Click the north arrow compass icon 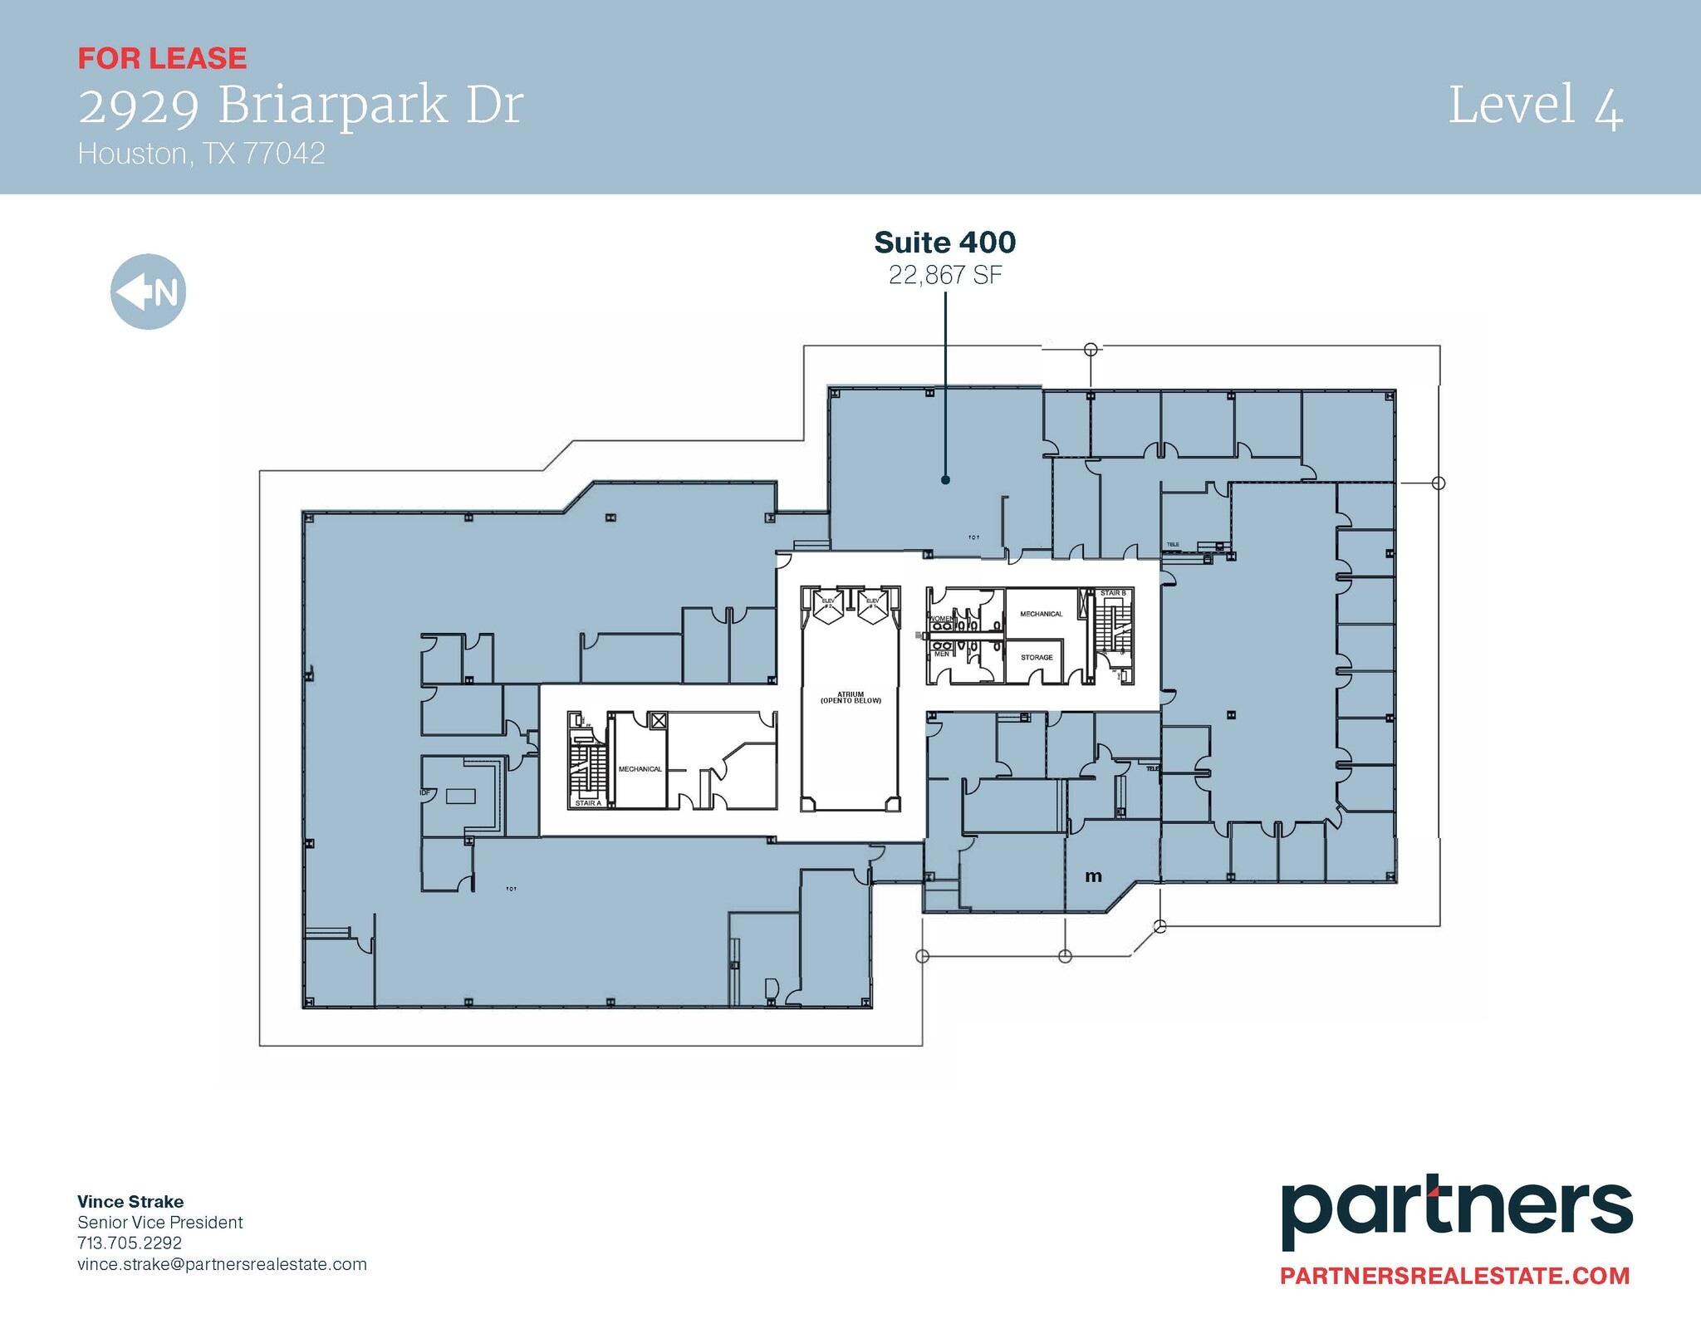[148, 292]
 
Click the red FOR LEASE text [162, 58]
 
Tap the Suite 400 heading [944, 243]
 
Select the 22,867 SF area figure [945, 275]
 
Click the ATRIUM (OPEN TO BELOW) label [850, 698]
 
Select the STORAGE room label [1037, 657]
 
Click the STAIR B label [1113, 593]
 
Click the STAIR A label [588, 803]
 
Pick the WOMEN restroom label [941, 619]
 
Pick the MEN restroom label [942, 654]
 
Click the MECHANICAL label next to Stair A [640, 769]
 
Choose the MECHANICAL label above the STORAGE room [1041, 614]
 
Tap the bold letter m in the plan [1093, 876]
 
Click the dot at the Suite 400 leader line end [945, 480]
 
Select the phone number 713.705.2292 [130, 1243]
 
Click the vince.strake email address [222, 1264]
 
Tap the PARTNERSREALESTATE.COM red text [1454, 1276]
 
